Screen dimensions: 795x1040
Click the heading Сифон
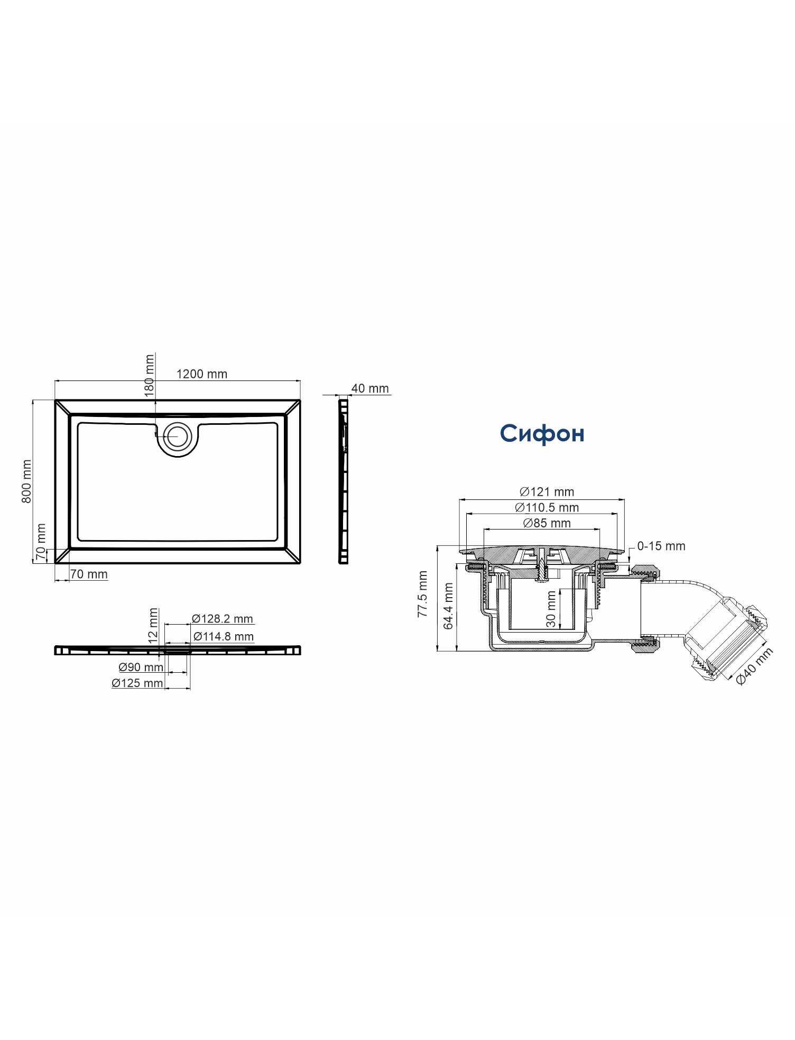542,433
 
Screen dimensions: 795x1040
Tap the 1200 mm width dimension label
201,374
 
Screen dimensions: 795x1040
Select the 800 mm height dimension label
26,481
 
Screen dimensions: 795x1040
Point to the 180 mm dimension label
150,375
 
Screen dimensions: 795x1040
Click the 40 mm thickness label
370,388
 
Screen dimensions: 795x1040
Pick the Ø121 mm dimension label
547,492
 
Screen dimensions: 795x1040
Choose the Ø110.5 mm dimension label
547,508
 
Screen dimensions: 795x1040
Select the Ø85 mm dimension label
547,523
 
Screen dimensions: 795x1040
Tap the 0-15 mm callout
661,546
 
